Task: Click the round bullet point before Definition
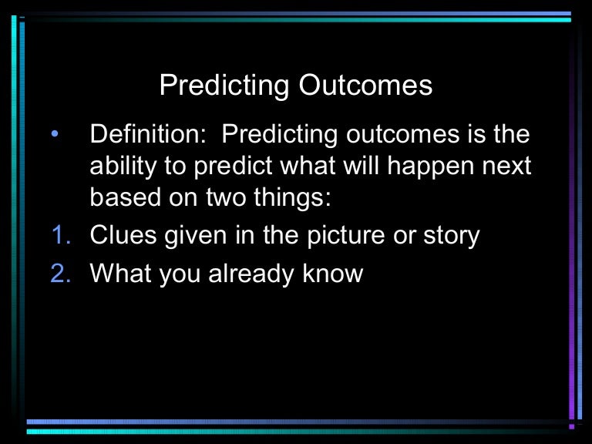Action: pyautogui.click(x=53, y=136)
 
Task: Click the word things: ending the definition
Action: pyautogui.click(x=295, y=198)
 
